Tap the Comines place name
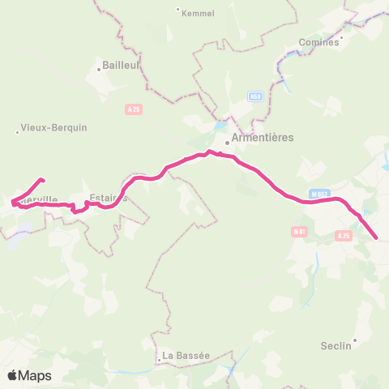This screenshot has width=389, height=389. click(318, 41)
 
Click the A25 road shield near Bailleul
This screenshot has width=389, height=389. click(134, 109)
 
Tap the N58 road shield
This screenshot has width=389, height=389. click(255, 96)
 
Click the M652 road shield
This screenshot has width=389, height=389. click(318, 194)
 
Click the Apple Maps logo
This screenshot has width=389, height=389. click(29, 376)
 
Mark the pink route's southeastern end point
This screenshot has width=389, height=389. click(378, 238)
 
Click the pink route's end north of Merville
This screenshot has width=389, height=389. click(42, 180)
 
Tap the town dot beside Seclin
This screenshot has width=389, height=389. click(355, 340)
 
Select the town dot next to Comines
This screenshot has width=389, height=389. click(342, 36)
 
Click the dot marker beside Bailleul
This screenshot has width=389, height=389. click(99, 70)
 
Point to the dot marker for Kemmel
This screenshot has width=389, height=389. click(178, 9)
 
